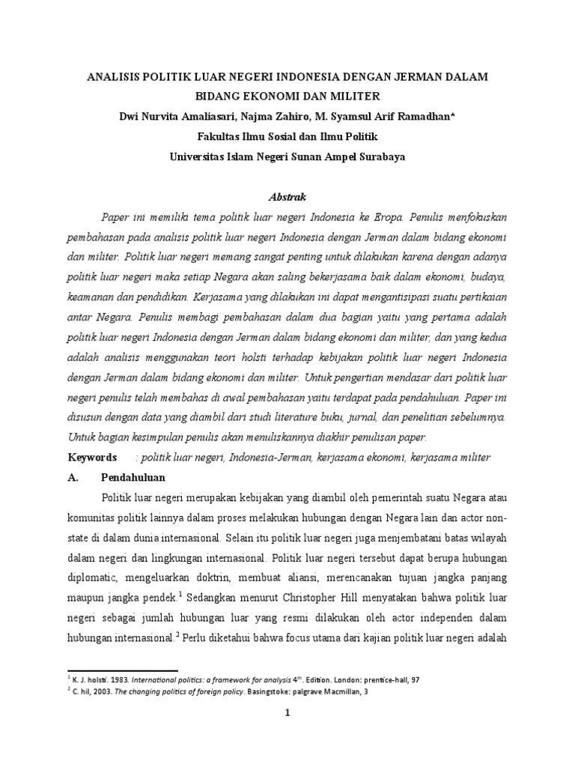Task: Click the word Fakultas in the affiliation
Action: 219,138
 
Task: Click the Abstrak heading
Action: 287,197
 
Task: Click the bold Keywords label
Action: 92,457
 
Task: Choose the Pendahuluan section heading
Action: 133,477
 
